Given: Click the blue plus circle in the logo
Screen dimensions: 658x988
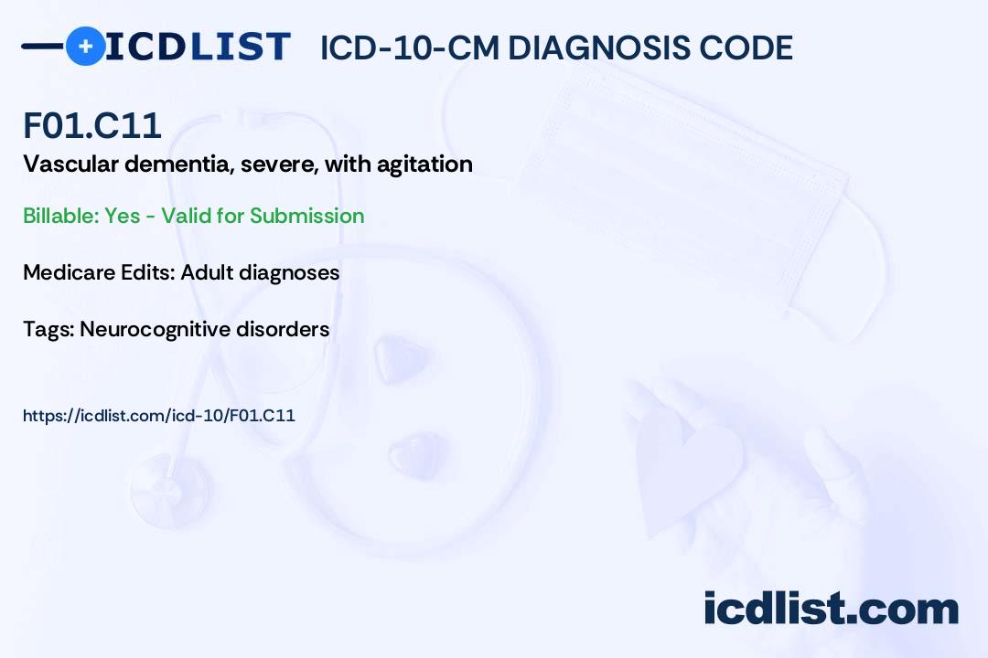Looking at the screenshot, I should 85,46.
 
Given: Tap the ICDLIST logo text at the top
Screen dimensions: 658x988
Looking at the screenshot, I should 198,46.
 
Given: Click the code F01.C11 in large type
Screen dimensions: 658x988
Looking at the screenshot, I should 92,126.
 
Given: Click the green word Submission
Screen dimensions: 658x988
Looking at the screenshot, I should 306,216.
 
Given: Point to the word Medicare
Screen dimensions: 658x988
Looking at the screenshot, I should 66,272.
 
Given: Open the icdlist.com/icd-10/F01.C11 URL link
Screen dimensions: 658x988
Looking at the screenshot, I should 159,416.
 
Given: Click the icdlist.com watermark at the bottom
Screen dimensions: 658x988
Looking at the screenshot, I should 831,608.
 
